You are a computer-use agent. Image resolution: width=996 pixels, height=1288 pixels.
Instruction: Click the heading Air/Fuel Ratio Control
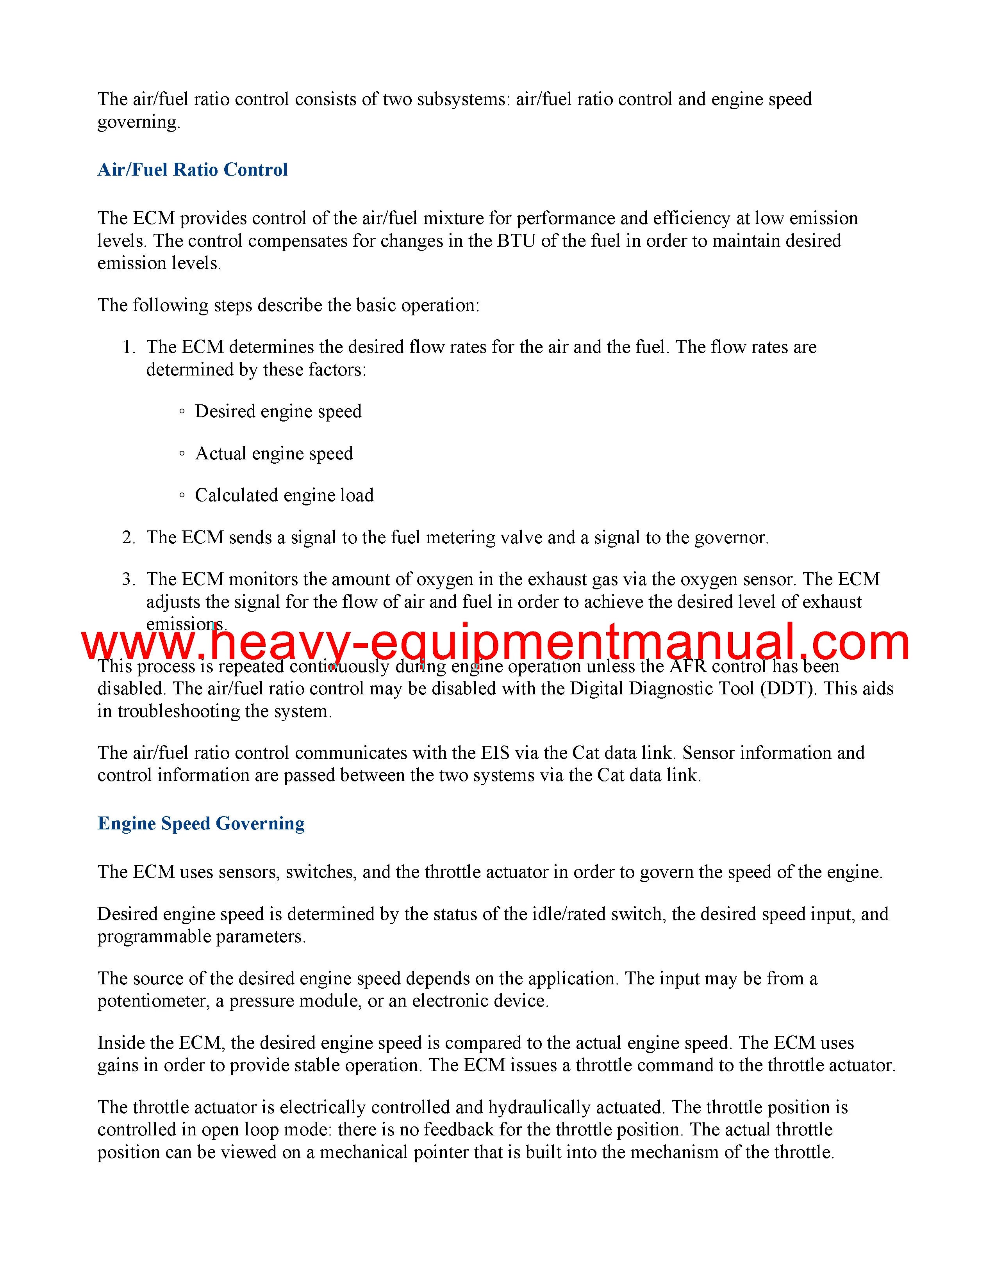(192, 170)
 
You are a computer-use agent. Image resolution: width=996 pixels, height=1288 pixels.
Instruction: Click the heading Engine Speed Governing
(201, 823)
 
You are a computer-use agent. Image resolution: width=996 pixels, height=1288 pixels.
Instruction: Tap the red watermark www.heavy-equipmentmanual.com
(496, 643)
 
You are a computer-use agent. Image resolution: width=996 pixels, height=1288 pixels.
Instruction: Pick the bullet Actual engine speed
(274, 454)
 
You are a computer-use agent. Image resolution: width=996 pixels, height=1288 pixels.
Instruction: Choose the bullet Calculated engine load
(284, 495)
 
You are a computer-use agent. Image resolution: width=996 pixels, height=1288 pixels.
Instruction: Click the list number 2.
(128, 538)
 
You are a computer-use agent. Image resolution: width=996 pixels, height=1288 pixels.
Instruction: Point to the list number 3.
(128, 580)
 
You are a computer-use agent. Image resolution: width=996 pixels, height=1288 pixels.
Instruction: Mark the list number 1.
(128, 347)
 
